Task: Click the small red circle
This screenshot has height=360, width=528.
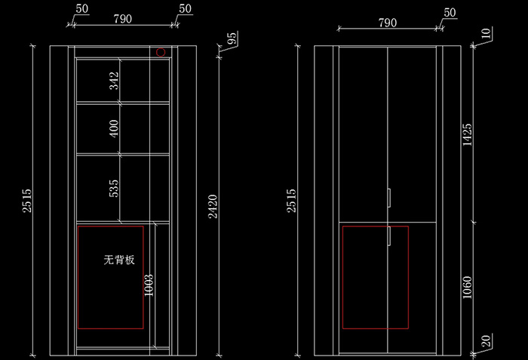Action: click(x=161, y=52)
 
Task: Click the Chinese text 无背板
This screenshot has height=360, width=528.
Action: click(x=119, y=260)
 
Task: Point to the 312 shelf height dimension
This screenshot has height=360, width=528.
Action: click(x=114, y=81)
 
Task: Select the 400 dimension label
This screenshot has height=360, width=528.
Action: click(x=114, y=129)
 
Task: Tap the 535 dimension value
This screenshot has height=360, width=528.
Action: click(x=114, y=189)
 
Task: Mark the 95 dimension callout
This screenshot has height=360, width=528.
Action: click(x=232, y=38)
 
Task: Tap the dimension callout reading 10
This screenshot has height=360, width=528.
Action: click(x=485, y=34)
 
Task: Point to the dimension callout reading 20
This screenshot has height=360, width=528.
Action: click(x=485, y=341)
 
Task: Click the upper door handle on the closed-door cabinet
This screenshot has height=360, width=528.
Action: click(x=389, y=198)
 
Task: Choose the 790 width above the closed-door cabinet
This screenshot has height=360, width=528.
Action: click(x=386, y=23)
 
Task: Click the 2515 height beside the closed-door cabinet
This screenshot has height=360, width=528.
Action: click(x=292, y=201)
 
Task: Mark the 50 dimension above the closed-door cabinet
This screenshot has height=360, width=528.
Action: click(x=450, y=13)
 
